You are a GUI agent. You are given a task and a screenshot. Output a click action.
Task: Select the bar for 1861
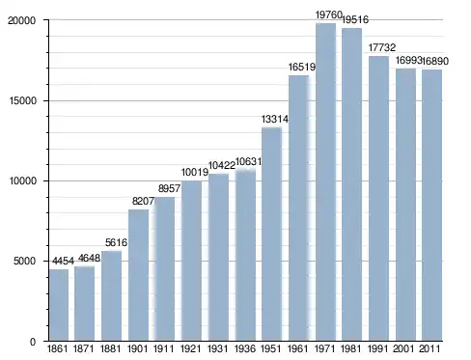coord(59,305)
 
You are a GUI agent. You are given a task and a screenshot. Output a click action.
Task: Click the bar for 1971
coord(325,182)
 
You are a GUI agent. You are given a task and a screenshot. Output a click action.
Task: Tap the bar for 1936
coord(245,256)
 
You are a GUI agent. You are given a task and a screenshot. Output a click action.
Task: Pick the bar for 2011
coord(431,206)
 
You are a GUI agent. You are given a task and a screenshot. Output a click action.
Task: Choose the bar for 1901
coord(138,275)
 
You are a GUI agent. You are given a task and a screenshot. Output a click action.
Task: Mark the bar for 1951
coord(272,234)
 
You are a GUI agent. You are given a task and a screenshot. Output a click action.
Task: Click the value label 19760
coord(328,14)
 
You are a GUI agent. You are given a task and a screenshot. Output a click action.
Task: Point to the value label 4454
coord(63,261)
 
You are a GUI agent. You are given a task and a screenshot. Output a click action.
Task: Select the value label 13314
coord(275,120)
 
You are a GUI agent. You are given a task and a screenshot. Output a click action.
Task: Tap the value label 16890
coord(435,61)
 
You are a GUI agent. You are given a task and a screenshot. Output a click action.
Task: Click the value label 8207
coord(143,202)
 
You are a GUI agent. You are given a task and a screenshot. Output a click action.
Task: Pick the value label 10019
coord(195,173)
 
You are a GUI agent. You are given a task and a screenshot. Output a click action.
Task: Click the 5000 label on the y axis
coord(24,261)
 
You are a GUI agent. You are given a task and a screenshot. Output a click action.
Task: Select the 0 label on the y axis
coord(33,342)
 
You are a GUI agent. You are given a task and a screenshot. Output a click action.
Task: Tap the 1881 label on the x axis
coord(110,348)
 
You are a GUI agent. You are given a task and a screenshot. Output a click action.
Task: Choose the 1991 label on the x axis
coord(377,348)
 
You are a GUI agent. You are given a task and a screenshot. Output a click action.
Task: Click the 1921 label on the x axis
coord(190,348)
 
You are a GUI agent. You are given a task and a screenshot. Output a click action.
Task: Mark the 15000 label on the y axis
coord(22,100)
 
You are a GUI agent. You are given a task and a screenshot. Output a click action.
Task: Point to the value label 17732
coord(382,47)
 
